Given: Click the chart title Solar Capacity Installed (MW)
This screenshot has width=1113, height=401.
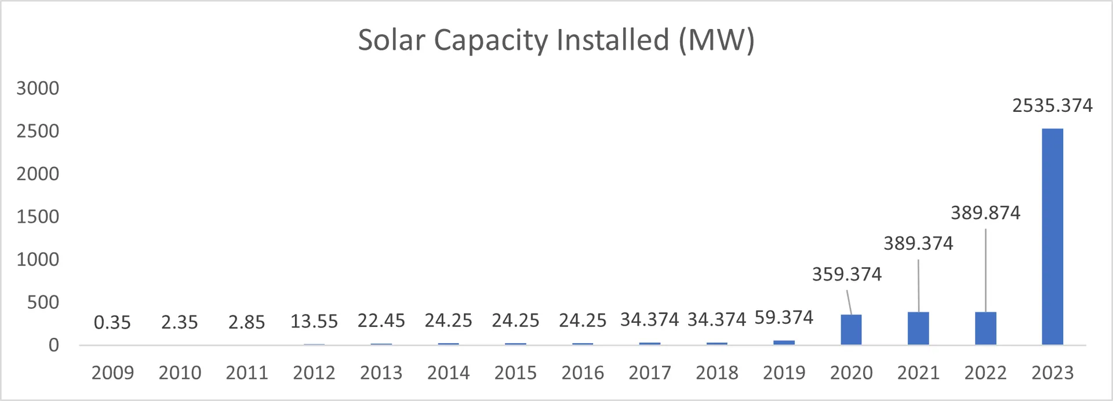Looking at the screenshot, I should tap(556, 41).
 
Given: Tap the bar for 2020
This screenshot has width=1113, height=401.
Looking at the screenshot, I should tap(851, 330).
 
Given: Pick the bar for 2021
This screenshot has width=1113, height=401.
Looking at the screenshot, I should tap(918, 329).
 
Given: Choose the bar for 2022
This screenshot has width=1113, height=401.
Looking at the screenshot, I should tap(985, 329).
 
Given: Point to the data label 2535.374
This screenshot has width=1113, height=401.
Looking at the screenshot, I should tap(1052, 105).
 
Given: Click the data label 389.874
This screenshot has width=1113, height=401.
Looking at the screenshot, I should tap(985, 213).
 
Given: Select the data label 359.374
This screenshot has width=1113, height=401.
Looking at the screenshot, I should tap(846, 274).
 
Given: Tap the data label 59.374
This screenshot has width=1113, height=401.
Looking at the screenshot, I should tap(784, 318).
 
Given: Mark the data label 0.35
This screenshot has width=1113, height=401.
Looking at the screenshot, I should tap(112, 322).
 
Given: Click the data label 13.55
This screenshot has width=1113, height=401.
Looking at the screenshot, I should tap(314, 322).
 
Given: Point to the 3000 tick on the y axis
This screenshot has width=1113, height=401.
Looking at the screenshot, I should tap(38, 88).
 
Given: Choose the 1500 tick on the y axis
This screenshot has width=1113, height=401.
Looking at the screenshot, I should tap(38, 217).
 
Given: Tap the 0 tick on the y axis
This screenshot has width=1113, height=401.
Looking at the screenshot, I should tap(53, 345).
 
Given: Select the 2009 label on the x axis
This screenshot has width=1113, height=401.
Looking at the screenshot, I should tap(112, 373).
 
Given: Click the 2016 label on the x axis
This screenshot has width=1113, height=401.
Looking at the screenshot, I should tap(583, 373).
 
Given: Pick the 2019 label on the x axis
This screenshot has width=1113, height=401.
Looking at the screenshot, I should tap(784, 373).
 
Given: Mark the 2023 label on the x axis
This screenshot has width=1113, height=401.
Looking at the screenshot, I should tap(1052, 373).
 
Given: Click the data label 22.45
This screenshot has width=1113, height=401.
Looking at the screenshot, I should tap(381, 320).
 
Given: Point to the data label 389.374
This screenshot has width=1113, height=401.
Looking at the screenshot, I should tap(918, 243).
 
